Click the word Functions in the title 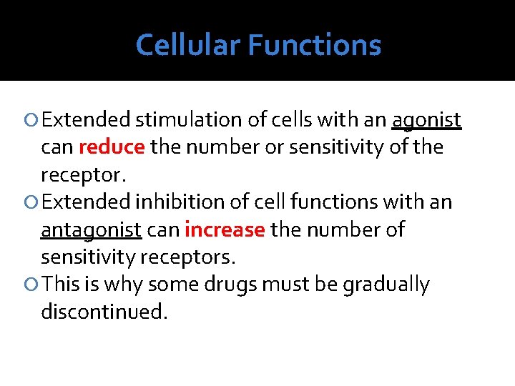[x=315, y=45]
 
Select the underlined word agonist [x=426, y=120]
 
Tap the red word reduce [x=112, y=147]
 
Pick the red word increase [x=225, y=230]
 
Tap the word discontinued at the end [x=104, y=312]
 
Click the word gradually [x=386, y=285]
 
